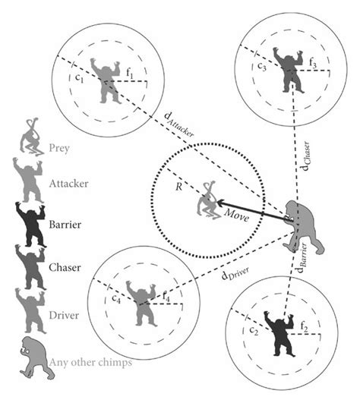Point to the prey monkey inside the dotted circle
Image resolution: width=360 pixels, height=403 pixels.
pyautogui.click(x=207, y=202)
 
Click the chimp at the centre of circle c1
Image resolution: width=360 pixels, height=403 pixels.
pyautogui.click(x=106, y=80)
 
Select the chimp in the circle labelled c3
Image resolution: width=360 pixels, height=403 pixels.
pyautogui.click(x=292, y=73)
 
